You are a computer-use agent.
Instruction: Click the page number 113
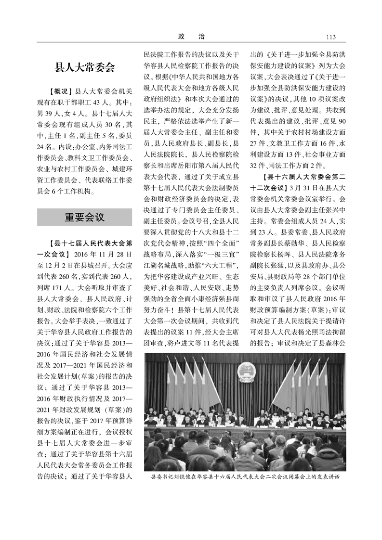330,37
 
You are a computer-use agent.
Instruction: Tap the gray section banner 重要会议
84,218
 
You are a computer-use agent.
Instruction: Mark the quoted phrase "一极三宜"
225,254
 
